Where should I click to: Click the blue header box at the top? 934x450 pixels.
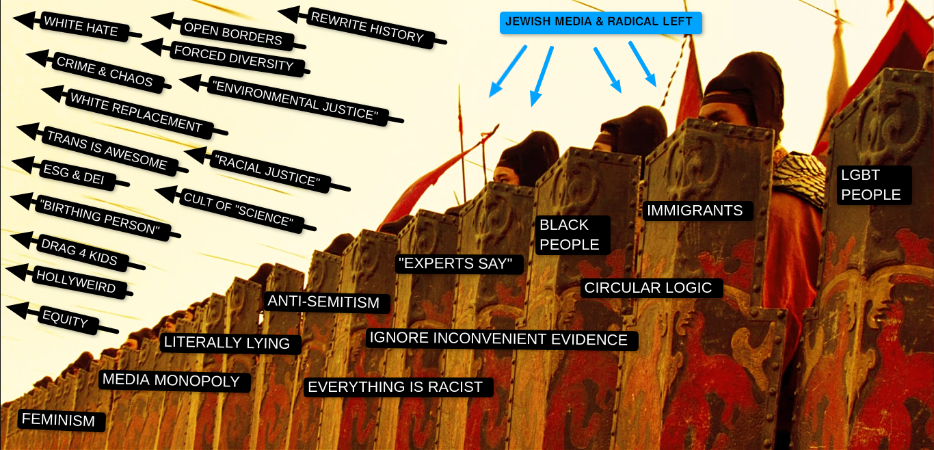point(600,23)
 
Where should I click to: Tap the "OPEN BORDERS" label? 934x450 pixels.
point(233,34)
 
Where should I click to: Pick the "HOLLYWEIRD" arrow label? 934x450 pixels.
point(75,281)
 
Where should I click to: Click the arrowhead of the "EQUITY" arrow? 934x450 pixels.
point(16,310)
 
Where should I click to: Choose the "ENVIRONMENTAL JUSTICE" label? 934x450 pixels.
point(295,101)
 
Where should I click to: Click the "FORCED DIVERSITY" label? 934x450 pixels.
point(233,58)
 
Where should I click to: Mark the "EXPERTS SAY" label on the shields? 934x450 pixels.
point(459,264)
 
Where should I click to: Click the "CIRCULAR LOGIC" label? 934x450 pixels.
point(648,288)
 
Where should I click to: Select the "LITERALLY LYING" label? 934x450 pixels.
point(227,343)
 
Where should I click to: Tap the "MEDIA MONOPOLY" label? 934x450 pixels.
point(171,381)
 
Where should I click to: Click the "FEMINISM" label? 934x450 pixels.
point(59,420)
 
